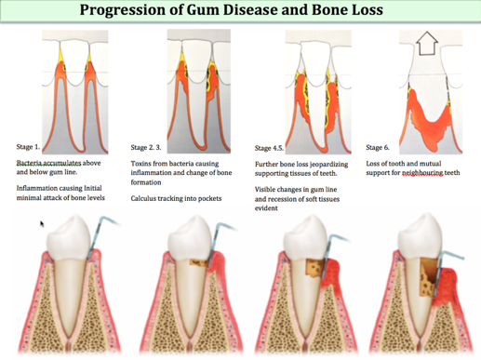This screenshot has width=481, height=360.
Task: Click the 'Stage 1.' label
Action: [x=29, y=146]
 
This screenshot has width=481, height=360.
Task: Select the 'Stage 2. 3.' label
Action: [x=151, y=146]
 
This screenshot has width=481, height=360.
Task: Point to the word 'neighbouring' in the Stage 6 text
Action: [x=422, y=174]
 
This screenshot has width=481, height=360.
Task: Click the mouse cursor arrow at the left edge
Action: [x=42, y=224]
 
